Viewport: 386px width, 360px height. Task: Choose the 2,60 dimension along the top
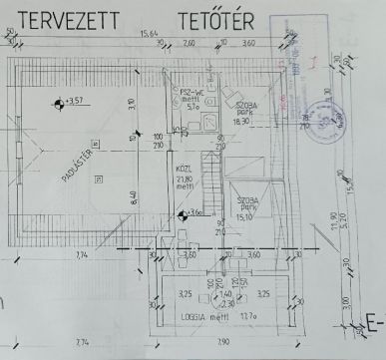pos(190,45)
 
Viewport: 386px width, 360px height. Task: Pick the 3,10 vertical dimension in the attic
pos(133,103)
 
